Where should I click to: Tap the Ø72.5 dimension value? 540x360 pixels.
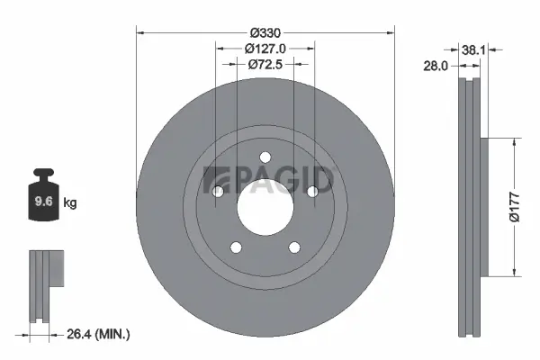[x=265, y=64]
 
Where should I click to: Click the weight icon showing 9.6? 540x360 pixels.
[x=43, y=201]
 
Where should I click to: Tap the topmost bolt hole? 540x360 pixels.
[x=265, y=157]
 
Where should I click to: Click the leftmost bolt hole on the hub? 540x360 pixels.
[x=218, y=191]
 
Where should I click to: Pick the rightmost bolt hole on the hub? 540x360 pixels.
[x=312, y=191]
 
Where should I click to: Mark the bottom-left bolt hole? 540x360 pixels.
[x=236, y=247]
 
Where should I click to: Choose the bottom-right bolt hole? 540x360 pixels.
[x=294, y=247]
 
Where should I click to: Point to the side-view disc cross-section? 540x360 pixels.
[x=471, y=207]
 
